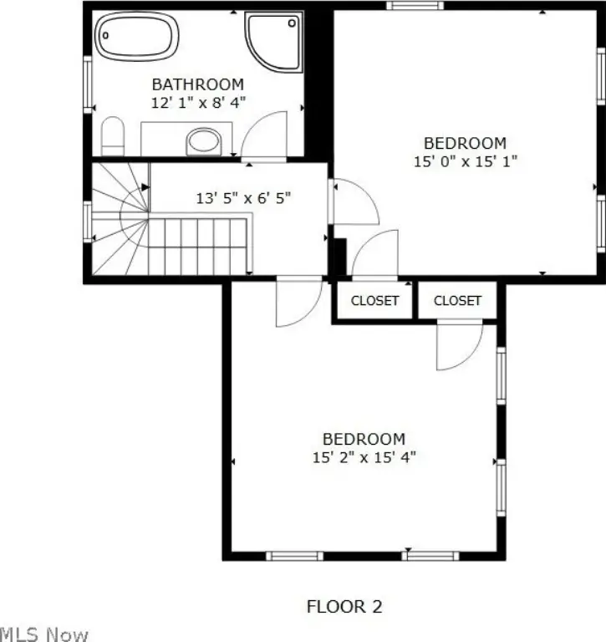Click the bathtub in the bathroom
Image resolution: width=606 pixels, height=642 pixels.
point(137,36)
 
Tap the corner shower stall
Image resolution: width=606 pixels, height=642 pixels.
point(273,41)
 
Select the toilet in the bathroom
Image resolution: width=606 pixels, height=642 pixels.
point(113,136)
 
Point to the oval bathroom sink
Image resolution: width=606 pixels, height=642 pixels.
point(203,141)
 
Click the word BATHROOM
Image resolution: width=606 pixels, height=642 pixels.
point(198,84)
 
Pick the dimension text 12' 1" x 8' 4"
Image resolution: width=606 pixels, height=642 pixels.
point(198,102)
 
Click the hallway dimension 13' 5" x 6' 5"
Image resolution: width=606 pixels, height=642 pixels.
point(243,198)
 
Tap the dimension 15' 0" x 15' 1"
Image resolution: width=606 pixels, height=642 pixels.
point(466,160)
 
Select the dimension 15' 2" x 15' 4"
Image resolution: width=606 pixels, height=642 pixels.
point(364,457)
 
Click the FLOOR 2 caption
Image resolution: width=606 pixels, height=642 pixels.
point(344,606)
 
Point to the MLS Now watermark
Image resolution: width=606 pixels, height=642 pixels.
point(43,634)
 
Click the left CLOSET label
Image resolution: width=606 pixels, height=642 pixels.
point(374,301)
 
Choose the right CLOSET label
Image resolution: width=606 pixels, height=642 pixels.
point(457,301)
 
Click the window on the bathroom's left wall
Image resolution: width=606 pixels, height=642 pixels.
point(88,84)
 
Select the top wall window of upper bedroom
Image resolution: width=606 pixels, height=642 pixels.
point(415,5)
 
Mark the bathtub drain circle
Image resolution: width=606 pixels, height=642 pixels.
point(105,36)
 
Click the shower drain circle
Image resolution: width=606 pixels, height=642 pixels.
point(292,23)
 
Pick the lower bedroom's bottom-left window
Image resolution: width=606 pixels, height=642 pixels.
point(294,556)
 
